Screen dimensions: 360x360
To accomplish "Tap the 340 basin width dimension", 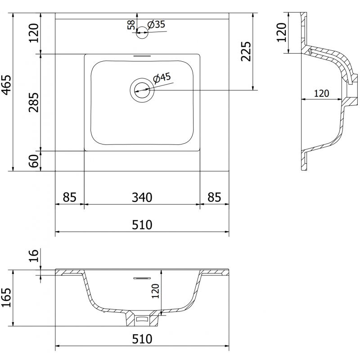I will (142, 198).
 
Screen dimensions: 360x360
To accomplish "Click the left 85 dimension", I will (69, 198).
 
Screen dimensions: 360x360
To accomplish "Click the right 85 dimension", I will (215, 198).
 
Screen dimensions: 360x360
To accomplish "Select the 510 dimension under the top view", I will (142, 225).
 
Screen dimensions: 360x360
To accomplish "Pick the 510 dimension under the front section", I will (142, 338).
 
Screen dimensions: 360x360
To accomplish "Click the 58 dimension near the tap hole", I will (131, 25).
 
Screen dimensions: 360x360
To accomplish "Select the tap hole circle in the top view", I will (142, 32).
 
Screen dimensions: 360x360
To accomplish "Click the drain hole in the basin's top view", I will (142, 90).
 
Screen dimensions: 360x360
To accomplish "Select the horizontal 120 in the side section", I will (321, 94).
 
